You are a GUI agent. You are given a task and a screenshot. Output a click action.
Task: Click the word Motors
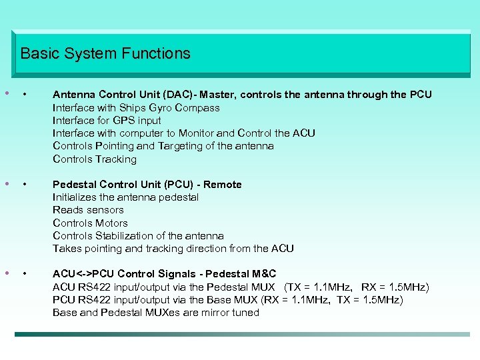(111, 223)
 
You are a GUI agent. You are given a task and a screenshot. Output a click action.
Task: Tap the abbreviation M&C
(263, 274)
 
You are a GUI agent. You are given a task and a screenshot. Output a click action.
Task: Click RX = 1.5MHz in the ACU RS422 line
(395, 287)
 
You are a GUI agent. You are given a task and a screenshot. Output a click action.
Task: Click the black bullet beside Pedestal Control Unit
(25, 185)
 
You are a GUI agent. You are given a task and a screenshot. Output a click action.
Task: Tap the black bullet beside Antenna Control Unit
(25, 95)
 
